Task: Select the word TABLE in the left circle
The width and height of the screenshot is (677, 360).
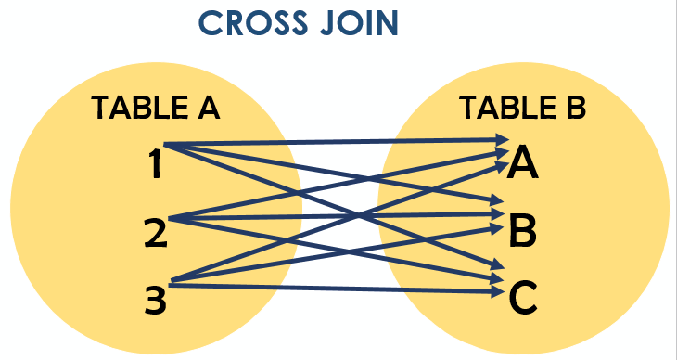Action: (x=131, y=109)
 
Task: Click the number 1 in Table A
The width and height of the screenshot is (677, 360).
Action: (x=155, y=165)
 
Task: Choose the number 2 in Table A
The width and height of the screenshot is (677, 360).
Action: (x=154, y=231)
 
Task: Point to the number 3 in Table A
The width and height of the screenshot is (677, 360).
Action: (x=154, y=298)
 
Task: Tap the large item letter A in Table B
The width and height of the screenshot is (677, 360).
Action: (x=524, y=164)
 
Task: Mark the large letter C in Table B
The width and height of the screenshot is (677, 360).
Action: (x=523, y=297)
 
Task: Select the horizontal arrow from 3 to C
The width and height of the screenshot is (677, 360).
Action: (x=371, y=289)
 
